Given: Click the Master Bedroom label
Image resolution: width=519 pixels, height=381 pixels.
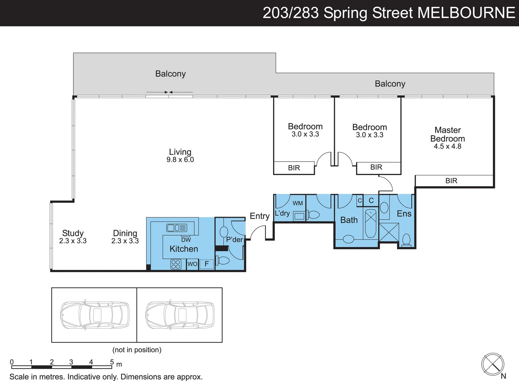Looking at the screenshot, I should [x=447, y=134].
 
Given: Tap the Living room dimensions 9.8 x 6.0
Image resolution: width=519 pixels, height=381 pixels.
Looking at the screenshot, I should [x=180, y=160].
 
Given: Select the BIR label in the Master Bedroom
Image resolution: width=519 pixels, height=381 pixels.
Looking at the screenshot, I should [x=451, y=181].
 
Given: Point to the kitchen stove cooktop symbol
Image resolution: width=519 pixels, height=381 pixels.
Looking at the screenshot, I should [x=176, y=264].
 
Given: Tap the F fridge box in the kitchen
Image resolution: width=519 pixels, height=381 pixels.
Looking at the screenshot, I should [x=207, y=264].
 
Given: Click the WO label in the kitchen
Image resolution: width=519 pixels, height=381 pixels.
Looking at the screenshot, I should [x=192, y=264].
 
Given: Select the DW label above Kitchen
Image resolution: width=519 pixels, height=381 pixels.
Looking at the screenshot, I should [x=186, y=240].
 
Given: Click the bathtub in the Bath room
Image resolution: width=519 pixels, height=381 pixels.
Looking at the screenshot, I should [x=370, y=223].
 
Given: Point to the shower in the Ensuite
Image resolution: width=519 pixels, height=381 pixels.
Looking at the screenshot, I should [x=389, y=232].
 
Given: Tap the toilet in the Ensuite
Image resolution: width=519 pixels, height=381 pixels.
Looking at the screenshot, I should [x=406, y=240].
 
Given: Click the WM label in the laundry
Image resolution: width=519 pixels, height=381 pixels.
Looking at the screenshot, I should [x=297, y=203].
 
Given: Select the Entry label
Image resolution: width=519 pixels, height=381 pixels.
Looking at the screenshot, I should [x=259, y=216].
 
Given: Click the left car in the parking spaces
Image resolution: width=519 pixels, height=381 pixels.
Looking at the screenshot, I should [x=95, y=315].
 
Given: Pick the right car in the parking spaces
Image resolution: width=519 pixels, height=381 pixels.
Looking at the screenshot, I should [x=180, y=315].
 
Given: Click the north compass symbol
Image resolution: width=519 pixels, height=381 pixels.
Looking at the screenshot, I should [x=493, y=364].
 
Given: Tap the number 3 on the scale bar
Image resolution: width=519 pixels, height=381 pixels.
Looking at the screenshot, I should [x=71, y=362].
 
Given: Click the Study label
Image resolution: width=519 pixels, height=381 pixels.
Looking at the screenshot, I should [x=73, y=233].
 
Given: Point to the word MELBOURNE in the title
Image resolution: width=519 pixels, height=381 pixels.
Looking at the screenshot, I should [x=466, y=13].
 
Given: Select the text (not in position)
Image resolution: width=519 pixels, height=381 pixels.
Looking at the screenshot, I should [x=137, y=350].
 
